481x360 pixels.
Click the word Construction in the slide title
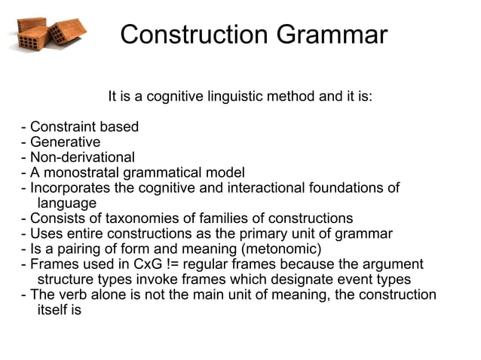[195, 35]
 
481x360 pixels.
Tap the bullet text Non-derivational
[81, 157]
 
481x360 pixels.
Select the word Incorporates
[68, 188]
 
